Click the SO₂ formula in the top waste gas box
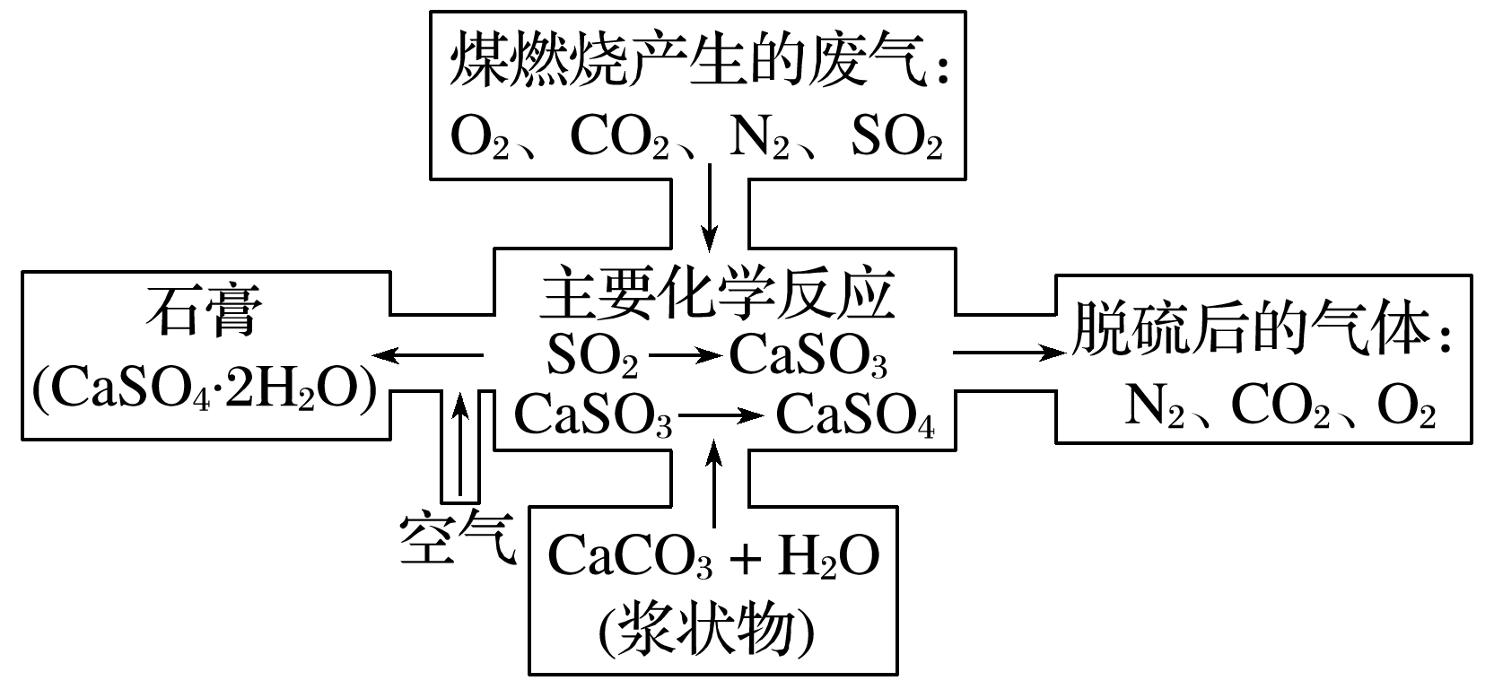point(896,139)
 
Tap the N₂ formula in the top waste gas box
point(758,139)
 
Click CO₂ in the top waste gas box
point(620,139)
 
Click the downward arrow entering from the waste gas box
point(710,206)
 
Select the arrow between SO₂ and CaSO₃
point(685,356)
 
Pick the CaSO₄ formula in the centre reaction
point(855,415)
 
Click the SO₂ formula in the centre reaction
point(593,356)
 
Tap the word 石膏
point(205,311)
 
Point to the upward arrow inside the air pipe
point(460,444)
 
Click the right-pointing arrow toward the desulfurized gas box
point(1009,353)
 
